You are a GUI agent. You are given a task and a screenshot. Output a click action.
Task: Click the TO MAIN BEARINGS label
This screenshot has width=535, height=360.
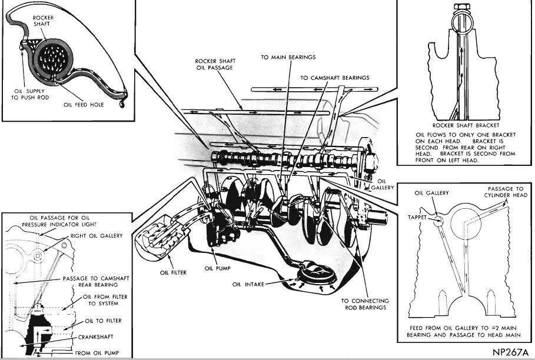288,57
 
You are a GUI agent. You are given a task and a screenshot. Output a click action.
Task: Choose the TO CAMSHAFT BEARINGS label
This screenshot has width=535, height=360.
334,77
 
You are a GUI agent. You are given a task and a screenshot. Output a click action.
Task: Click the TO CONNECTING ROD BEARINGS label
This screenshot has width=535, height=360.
365,304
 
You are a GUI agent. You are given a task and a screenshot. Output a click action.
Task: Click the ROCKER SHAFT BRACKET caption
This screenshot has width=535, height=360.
465,125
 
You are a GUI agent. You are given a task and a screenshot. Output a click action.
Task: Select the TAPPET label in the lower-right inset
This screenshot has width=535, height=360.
418,215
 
